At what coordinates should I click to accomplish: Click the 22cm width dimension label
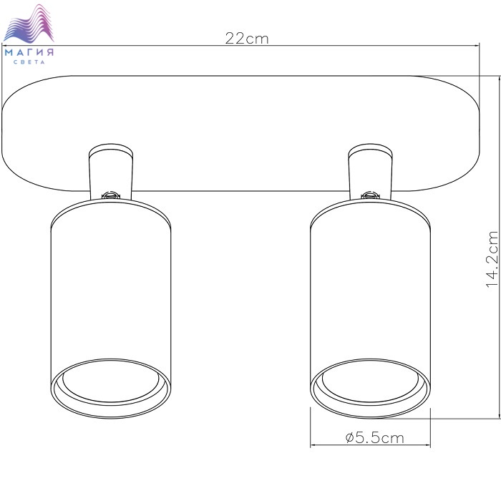247,39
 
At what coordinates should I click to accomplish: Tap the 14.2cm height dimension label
492,259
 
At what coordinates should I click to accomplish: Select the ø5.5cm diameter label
375,437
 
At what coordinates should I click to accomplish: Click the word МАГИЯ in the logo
29,52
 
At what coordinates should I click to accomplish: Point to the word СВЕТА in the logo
29,62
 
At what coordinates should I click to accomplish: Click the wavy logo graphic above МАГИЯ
29,23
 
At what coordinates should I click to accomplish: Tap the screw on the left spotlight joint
110,195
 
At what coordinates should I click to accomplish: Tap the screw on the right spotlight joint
370,195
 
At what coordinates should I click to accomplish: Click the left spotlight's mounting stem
111,172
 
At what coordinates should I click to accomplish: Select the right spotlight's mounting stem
370,172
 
